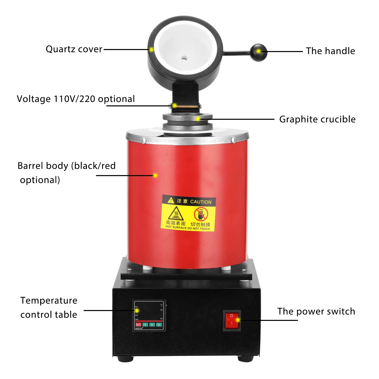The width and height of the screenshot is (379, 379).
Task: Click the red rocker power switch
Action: (232, 320)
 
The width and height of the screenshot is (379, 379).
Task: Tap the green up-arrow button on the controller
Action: (159, 325)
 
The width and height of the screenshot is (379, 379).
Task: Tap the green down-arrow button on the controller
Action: (152, 325)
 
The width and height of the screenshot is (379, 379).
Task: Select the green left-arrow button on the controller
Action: (145, 325)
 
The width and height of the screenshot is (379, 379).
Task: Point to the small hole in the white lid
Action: (184, 58)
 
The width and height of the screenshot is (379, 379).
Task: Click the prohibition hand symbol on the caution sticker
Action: (201, 214)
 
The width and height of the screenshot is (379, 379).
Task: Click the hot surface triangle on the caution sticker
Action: (176, 214)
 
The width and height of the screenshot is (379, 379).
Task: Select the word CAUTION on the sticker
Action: (201, 202)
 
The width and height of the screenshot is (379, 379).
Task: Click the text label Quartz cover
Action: (74, 49)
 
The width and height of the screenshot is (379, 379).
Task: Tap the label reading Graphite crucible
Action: (317, 119)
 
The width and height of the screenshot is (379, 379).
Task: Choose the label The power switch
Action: (316, 311)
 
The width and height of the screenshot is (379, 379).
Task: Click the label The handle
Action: (330, 51)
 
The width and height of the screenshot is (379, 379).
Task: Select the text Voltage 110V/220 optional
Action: (76, 99)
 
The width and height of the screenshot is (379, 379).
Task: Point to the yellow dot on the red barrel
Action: (155, 175)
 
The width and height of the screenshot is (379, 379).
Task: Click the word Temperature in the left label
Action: (49, 300)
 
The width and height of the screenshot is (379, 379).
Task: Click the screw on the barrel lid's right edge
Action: (234, 139)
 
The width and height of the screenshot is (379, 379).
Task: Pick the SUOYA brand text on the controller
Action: (139, 328)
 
